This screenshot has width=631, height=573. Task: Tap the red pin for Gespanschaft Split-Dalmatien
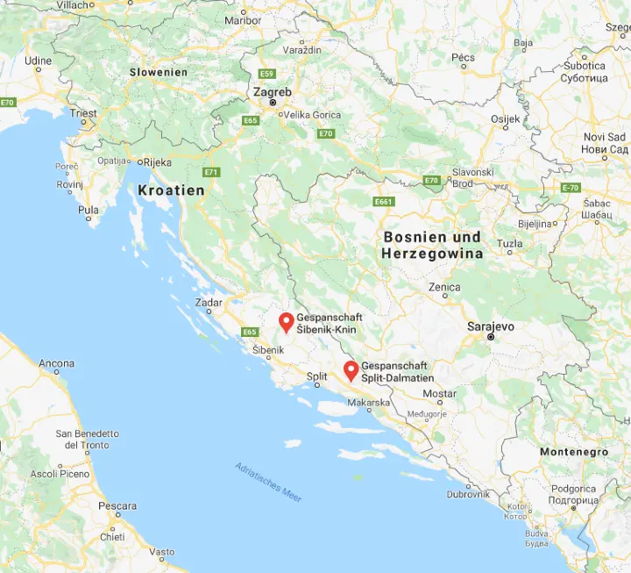pyautogui.click(x=351, y=370)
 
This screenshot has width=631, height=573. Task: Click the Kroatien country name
pyautogui.click(x=171, y=190)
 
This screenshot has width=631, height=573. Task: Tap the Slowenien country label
pyautogui.click(x=159, y=72)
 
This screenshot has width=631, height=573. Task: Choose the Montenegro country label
pyautogui.click(x=573, y=451)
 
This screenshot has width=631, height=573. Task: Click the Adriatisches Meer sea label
pyautogui.click(x=268, y=482)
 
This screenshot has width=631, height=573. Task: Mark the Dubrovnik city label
pyautogui.click(x=468, y=494)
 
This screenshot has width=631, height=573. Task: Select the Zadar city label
pyautogui.click(x=209, y=302)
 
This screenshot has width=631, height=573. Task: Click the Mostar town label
pyautogui.click(x=439, y=394)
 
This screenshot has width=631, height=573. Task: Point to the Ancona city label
pyautogui.click(x=56, y=363)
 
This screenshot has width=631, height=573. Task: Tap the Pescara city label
pyautogui.click(x=117, y=506)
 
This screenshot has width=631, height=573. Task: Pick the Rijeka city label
pyautogui.click(x=157, y=161)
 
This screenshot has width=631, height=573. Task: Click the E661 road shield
pyautogui.click(x=383, y=201)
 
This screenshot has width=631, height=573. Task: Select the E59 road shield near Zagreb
pyautogui.click(x=267, y=74)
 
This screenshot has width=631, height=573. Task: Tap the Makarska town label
pyautogui.click(x=368, y=403)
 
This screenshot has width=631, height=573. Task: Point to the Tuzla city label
pyautogui.click(x=508, y=242)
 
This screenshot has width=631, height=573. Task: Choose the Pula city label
pyautogui.click(x=89, y=211)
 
